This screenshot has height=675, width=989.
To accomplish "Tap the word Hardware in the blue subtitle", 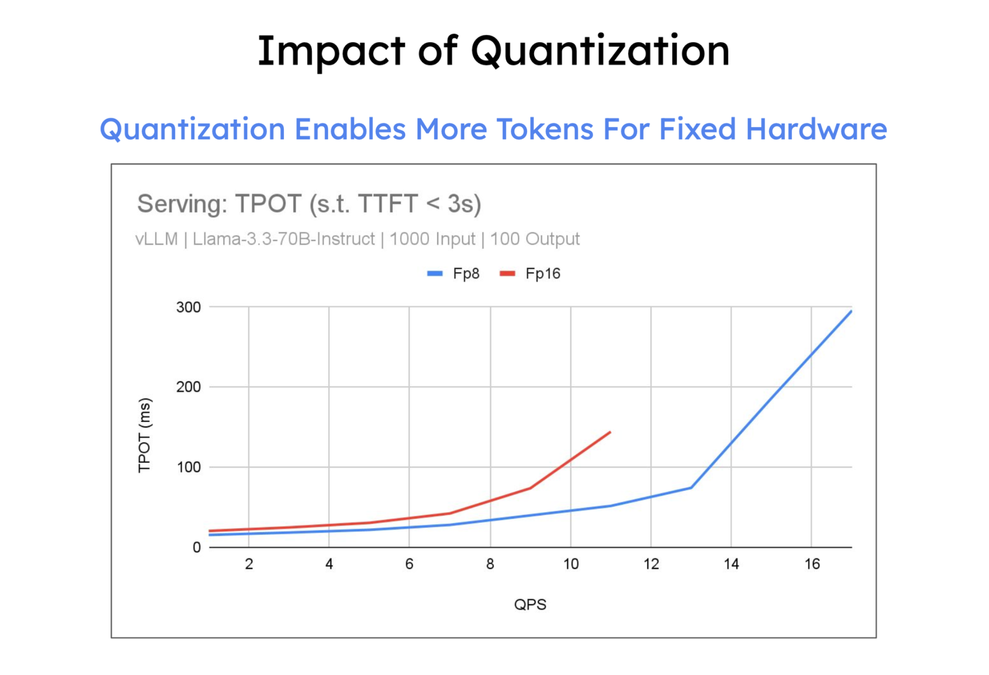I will point(816,129).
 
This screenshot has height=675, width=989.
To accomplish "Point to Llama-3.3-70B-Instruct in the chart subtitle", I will point(283,239).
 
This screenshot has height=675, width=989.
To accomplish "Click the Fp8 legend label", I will point(466,274).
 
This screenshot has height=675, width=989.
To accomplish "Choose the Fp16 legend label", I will point(543,274).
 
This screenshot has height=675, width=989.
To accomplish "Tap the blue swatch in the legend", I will point(435,274).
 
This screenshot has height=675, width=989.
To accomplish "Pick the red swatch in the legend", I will point(507,274).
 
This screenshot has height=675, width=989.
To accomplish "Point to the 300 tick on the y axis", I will point(189,308).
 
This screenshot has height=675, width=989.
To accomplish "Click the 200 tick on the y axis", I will point(189,387).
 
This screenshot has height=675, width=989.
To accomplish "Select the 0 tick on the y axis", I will point(196,548).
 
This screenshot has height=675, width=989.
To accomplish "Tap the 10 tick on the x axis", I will point(571,564).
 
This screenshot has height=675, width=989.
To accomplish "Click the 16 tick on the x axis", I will point(812,564).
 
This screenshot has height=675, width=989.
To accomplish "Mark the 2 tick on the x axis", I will point(249,564).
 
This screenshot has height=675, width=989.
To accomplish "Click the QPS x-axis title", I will point(530,605).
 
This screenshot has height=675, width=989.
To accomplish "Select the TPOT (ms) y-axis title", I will point(144,435).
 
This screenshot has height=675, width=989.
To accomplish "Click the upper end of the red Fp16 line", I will point(610,432).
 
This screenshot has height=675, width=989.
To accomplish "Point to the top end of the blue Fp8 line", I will point(851,311).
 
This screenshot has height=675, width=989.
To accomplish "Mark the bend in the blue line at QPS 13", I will point(691,487).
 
